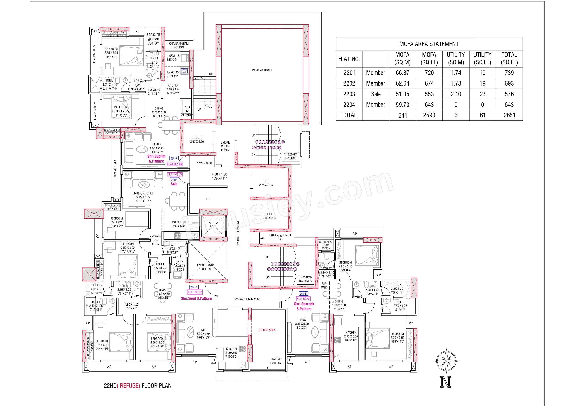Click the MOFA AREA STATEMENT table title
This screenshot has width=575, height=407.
[x=429, y=44]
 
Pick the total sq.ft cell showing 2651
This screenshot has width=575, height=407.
[x=509, y=115]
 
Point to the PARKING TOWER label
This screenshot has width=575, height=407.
[x=262, y=70]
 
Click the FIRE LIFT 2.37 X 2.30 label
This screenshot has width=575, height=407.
[x=197, y=140]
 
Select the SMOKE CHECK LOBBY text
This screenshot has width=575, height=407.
[x=225, y=146]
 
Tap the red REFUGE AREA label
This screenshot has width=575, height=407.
[x=267, y=330]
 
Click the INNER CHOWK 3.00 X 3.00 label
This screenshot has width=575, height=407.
[x=205, y=267]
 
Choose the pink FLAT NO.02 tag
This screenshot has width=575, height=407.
[x=195, y=292]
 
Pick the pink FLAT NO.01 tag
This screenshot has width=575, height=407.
[x=303, y=299]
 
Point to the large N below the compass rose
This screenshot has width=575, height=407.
[x=445, y=382]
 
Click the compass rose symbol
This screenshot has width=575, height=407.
[x=446, y=361]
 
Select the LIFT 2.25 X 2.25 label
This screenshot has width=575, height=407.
[x=266, y=183]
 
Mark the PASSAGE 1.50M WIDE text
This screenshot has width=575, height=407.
[x=247, y=299]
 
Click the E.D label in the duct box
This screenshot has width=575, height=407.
[x=208, y=199]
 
